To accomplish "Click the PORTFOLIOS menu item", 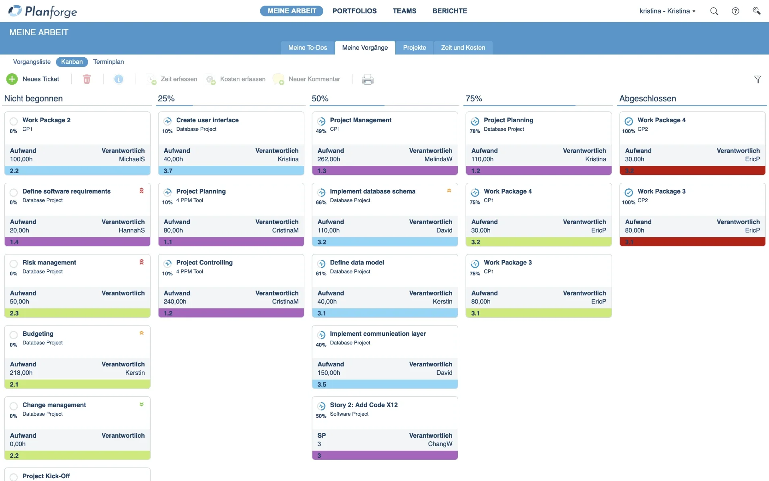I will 354,11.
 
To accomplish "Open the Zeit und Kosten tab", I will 463,48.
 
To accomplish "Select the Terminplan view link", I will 109,62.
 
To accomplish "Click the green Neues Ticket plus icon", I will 12,79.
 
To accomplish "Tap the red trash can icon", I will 87,79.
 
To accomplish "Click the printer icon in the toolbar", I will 368,79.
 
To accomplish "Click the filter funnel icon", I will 757,79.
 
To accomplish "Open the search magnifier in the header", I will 714,11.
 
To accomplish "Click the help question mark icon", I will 735,11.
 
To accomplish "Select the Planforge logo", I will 43,11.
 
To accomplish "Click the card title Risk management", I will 49,263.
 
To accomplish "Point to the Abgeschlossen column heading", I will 648,99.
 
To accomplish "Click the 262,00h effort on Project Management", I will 329,159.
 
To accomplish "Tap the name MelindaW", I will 438,159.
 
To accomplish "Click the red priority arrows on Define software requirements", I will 141,191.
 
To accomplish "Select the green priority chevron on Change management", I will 141,404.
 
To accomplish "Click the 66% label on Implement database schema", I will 321,202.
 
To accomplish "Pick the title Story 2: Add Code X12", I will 364,405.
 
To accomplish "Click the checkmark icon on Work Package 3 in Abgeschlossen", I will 629,192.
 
